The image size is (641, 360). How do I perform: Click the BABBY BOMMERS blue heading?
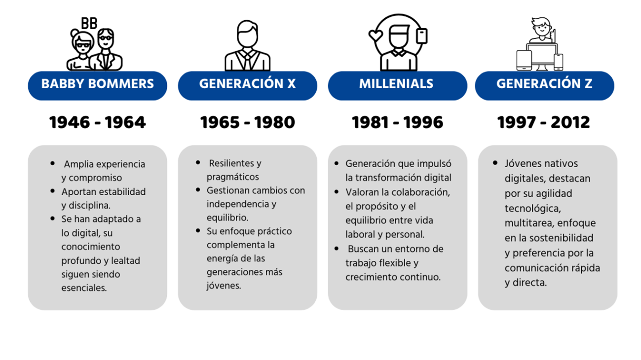[97, 85]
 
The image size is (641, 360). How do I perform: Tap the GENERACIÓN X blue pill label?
[248, 85]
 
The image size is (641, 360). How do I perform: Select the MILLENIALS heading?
[397, 85]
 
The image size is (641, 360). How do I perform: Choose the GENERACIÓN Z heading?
[545, 85]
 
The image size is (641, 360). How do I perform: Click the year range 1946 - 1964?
[97, 122]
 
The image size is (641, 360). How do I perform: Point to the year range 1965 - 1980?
[248, 122]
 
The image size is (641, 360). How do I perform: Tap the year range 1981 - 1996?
[397, 122]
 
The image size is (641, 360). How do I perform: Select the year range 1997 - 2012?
[544, 122]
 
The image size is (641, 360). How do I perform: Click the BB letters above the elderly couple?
[89, 23]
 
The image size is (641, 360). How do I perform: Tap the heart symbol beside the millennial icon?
[376, 36]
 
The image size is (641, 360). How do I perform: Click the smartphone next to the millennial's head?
[421, 36]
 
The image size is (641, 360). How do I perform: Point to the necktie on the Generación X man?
[247, 60]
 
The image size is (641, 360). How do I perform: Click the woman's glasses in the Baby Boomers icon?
[83, 45]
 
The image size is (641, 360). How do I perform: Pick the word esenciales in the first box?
[84, 288]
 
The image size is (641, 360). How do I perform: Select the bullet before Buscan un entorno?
[337, 249]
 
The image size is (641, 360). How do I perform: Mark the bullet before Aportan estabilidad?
[52, 191]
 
